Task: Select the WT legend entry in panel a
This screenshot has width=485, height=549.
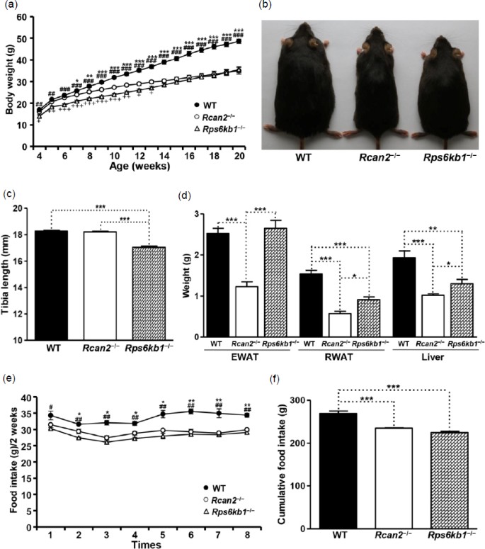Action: (195, 111)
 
